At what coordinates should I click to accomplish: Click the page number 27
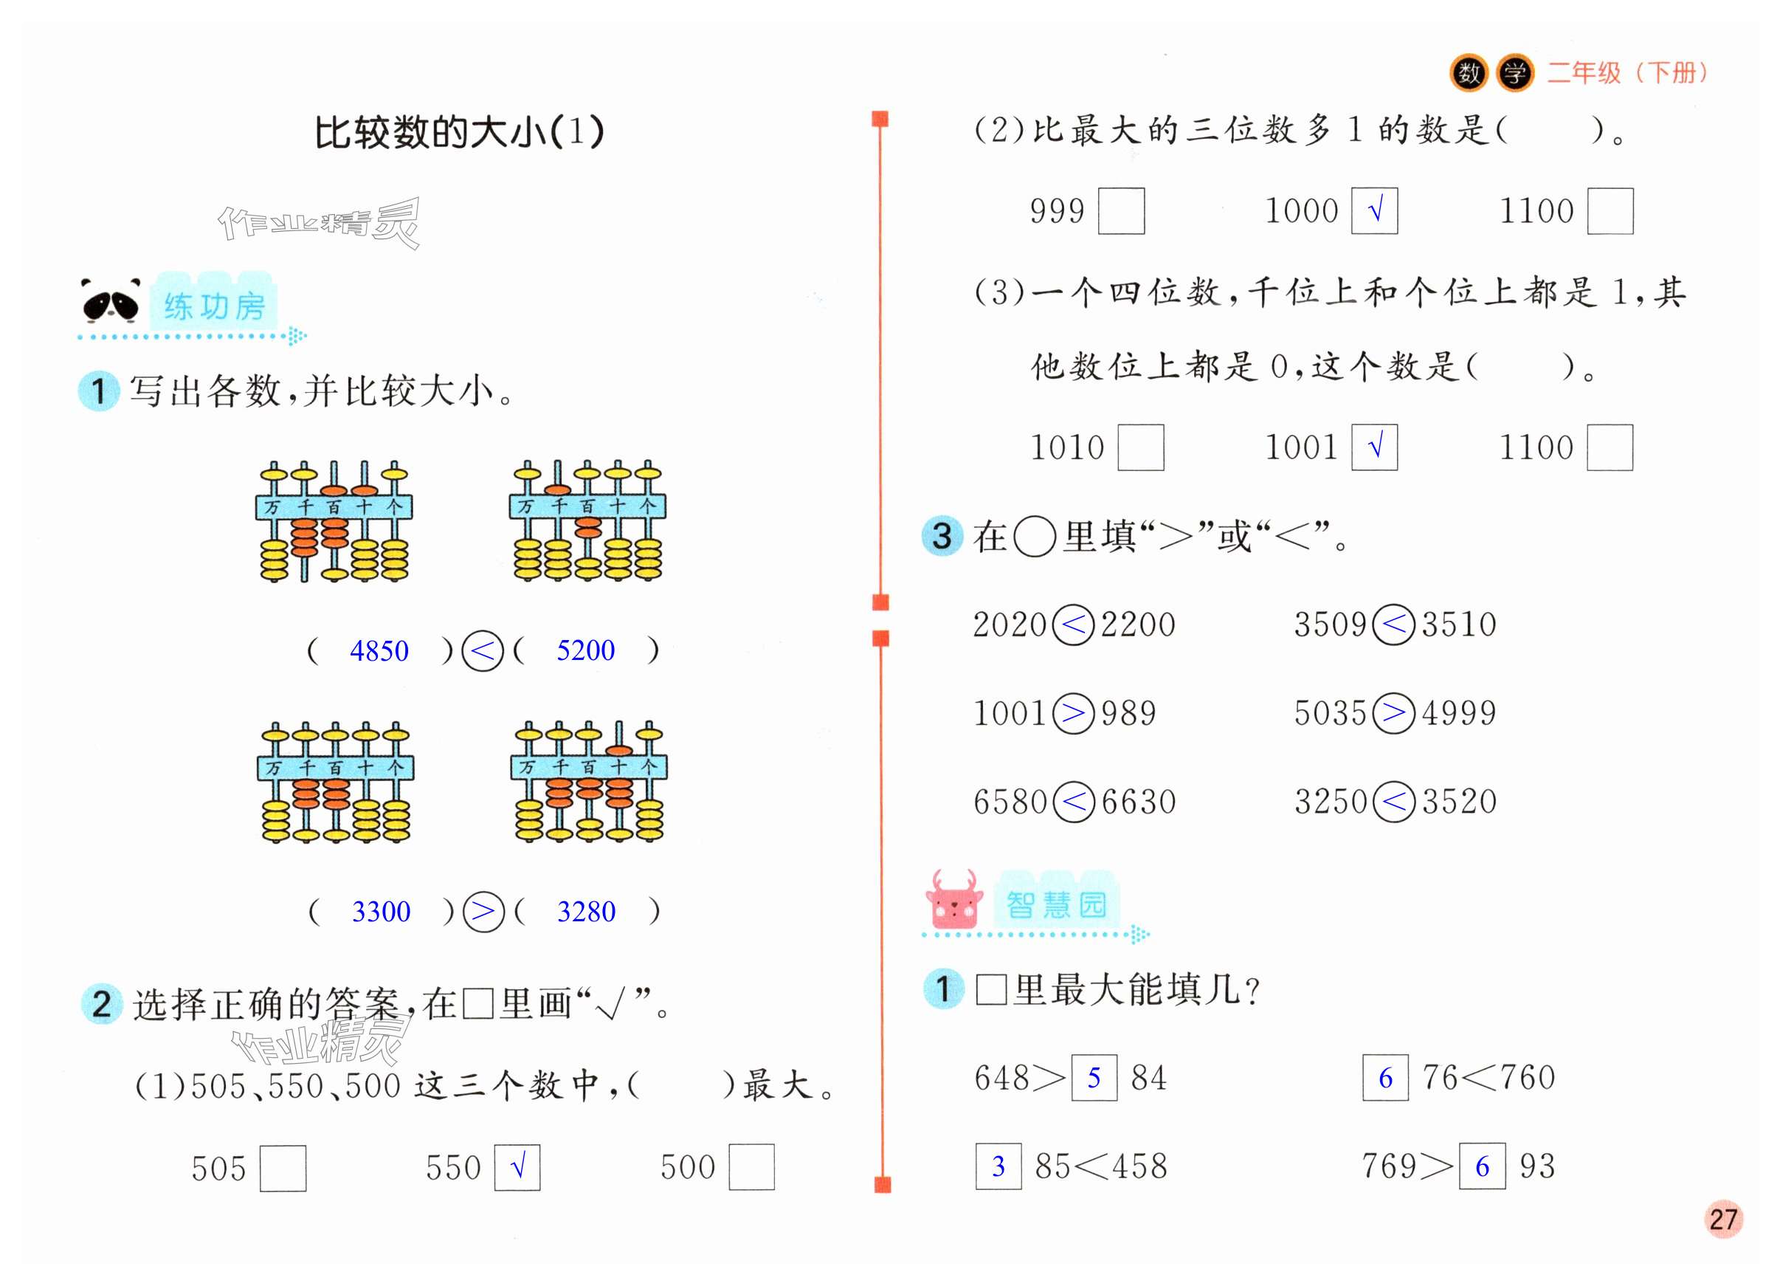(1722, 1219)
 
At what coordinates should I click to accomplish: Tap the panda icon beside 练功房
(111, 300)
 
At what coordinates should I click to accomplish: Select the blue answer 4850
(379, 651)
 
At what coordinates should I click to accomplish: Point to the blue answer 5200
(585, 650)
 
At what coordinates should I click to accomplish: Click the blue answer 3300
(381, 912)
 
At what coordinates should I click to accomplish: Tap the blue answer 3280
(586, 912)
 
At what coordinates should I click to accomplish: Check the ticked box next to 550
(517, 1167)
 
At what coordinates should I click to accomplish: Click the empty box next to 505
(283, 1168)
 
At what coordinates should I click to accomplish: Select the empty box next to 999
(1121, 211)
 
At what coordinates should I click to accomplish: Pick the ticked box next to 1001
(1374, 447)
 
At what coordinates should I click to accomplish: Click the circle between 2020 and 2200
(1073, 625)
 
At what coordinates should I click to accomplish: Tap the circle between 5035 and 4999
(1394, 713)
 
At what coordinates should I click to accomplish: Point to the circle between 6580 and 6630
(1073, 802)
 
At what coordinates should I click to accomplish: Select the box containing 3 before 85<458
(998, 1166)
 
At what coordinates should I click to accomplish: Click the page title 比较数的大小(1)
(459, 132)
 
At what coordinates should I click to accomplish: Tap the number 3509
(1330, 625)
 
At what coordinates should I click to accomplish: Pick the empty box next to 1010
(1140, 447)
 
